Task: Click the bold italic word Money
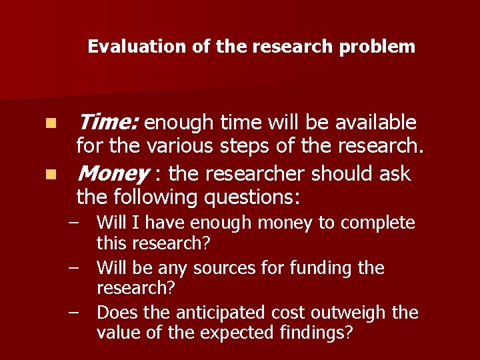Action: click(112, 174)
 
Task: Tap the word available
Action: click(375, 123)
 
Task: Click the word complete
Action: click(378, 223)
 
